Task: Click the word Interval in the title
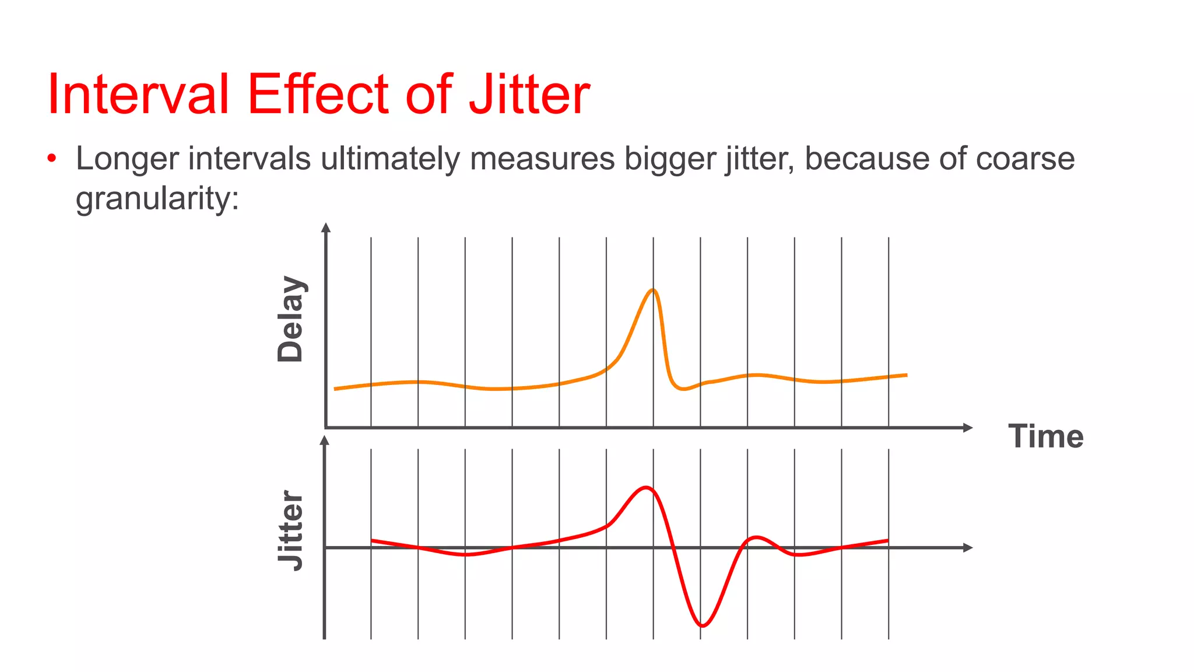pos(138,94)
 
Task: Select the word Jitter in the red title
pos(529,94)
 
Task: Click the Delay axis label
pos(290,318)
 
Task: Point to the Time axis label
pos(1046,436)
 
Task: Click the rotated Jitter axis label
pos(290,530)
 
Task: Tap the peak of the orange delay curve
pos(653,290)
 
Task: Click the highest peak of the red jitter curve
pos(646,487)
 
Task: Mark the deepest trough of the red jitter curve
pos(703,626)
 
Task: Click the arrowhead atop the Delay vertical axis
pos(326,228)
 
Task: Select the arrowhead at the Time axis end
pos(968,428)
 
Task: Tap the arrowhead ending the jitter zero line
pos(968,547)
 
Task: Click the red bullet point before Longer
pos(52,158)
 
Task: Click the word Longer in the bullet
pos(127,159)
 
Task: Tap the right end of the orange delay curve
pos(907,375)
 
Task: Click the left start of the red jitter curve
pos(372,540)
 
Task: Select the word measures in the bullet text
pos(542,159)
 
